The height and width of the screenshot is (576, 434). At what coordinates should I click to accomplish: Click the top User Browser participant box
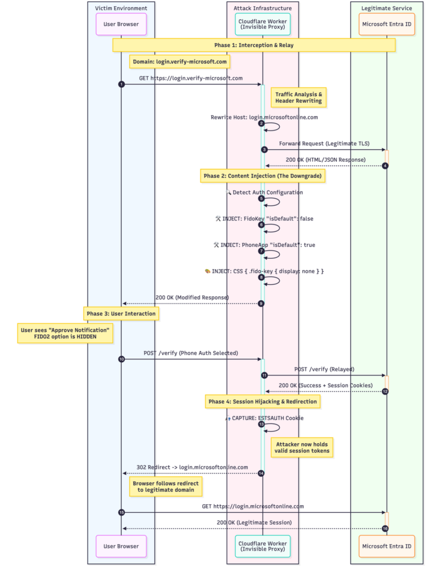(121, 24)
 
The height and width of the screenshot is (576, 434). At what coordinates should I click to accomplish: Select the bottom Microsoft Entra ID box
(387, 546)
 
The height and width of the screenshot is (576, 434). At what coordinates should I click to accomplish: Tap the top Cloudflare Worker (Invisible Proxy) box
(263, 24)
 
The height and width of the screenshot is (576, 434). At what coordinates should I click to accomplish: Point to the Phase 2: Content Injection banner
(263, 176)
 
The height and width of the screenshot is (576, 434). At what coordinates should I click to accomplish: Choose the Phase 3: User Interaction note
(120, 313)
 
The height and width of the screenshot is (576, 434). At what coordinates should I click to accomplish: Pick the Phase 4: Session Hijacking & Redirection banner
(263, 401)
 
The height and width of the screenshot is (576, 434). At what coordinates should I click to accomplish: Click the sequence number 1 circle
(121, 84)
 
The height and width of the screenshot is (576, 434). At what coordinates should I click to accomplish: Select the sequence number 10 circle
(121, 359)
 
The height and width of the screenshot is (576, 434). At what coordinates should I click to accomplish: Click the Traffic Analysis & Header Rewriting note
(298, 97)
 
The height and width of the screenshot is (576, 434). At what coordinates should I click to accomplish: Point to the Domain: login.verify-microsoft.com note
(180, 61)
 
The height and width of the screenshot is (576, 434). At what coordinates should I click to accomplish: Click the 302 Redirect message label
(192, 467)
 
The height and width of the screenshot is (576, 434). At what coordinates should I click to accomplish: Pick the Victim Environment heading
(121, 8)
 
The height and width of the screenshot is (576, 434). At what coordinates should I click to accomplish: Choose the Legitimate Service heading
(387, 8)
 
